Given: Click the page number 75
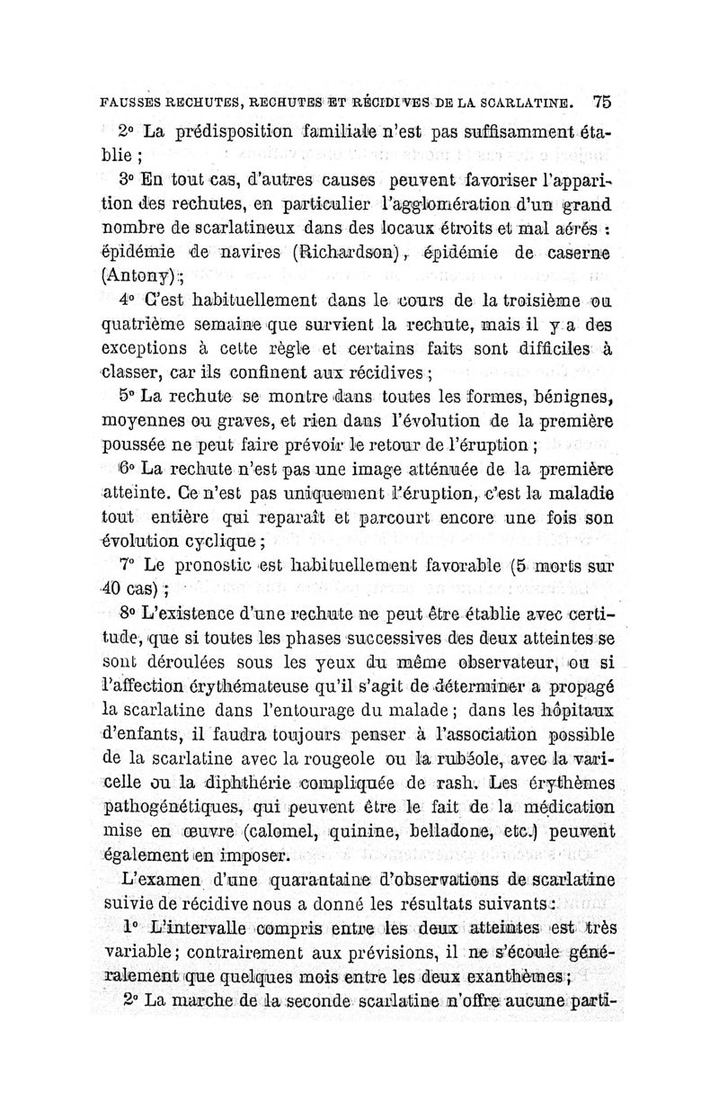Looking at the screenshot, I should [601, 102].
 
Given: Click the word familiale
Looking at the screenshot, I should [305, 130].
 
